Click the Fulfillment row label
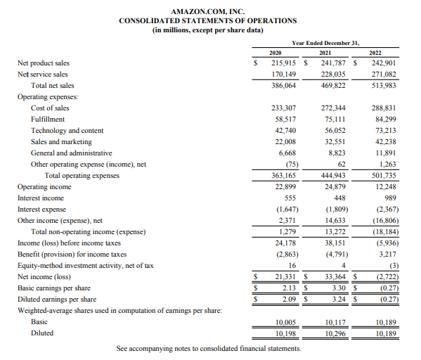pyautogui.click(x=48, y=120)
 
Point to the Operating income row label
pyautogui.click(x=44, y=187)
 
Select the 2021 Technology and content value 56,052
pyautogui.click(x=335, y=131)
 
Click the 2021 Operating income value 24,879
pyautogui.click(x=335, y=187)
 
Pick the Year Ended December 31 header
pyautogui.click(x=325, y=42)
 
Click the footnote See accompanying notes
pyautogui.click(x=209, y=349)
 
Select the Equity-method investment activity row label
pyautogui.click(x=85, y=266)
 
